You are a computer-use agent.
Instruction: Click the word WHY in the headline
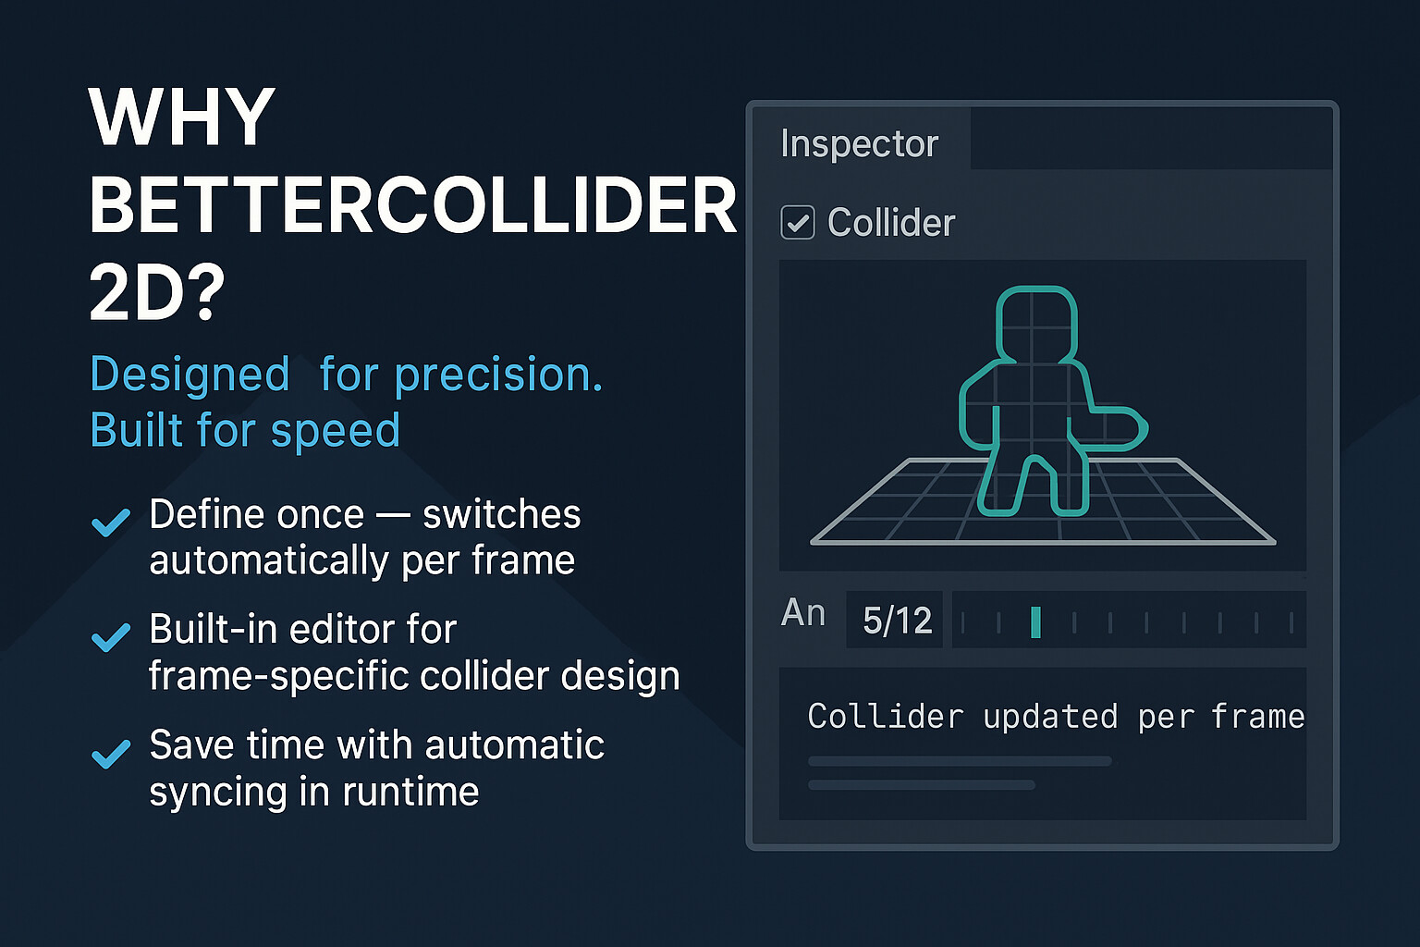[182, 117]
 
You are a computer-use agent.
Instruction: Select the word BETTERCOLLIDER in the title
[412, 206]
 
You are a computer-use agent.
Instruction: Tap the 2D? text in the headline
[157, 293]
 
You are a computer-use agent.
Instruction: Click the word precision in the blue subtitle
[498, 375]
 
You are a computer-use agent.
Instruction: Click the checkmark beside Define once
[111, 523]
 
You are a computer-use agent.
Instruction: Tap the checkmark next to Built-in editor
[111, 637]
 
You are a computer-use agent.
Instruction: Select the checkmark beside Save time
[111, 754]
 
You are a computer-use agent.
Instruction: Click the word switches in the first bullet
[501, 515]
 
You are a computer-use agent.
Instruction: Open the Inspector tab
[859, 143]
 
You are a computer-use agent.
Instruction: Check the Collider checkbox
[798, 223]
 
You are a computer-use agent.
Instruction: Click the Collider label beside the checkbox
[891, 223]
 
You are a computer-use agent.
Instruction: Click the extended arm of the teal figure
[1116, 427]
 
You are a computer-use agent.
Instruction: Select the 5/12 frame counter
[897, 621]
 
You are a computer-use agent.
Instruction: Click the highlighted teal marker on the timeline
[1035, 622]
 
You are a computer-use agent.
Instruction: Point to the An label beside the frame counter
[802, 613]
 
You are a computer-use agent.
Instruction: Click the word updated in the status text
[1050, 717]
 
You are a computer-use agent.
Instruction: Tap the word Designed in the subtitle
[190, 375]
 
